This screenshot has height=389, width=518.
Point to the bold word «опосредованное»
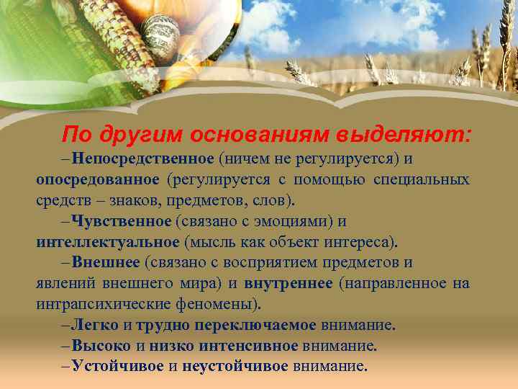pyautogui.click(x=97, y=179)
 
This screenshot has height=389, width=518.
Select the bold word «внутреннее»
pyautogui.click(x=288, y=283)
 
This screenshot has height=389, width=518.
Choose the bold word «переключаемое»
pyautogui.click(x=255, y=325)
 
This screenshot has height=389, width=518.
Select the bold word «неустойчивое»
pyautogui.click(x=235, y=366)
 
